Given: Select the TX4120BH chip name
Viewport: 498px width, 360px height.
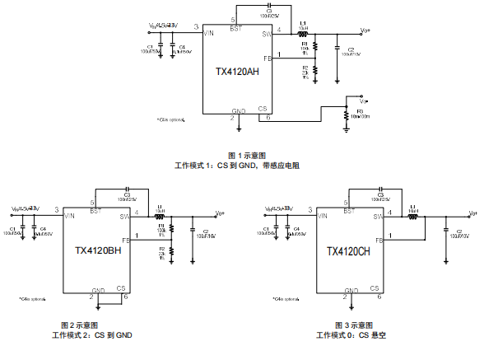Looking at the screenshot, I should click(98, 251).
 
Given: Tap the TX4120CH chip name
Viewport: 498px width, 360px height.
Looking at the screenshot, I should click(348, 251).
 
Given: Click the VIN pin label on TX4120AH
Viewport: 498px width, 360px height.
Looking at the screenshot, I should click(210, 34).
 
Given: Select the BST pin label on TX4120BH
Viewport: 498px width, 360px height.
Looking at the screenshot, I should click(96, 211).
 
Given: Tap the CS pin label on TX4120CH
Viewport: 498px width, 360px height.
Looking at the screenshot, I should click(374, 288).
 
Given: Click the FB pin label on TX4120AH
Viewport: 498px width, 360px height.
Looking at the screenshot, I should click(267, 59).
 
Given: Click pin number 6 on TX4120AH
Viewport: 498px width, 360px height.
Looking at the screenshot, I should click(268, 117).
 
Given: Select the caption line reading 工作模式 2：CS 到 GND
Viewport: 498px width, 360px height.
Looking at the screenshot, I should click(91, 334).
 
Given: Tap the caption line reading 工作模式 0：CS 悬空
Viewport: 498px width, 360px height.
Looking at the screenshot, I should click(351, 334).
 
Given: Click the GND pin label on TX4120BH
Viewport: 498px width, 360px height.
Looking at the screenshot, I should click(99, 290).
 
